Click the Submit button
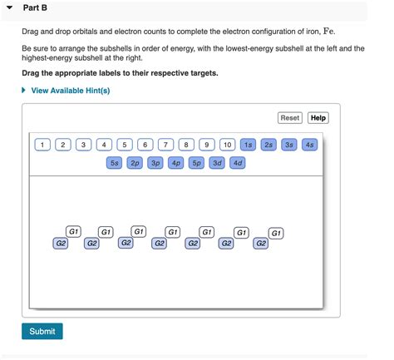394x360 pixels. pyautogui.click(x=42, y=331)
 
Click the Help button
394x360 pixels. pyautogui.click(x=318, y=118)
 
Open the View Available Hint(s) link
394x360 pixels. pyautogui.click(x=70, y=90)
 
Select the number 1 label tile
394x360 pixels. pyautogui.click(x=42, y=145)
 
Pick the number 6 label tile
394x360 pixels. pyautogui.click(x=145, y=145)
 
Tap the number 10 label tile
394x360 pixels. pyautogui.click(x=227, y=145)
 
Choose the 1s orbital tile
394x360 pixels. pyautogui.click(x=248, y=145)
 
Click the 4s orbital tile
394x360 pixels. pyautogui.click(x=309, y=145)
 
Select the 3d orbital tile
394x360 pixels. pyautogui.click(x=217, y=163)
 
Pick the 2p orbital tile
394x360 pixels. pyautogui.click(x=135, y=163)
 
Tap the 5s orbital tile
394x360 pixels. pyautogui.click(x=115, y=163)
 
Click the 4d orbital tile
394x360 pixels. pyautogui.click(x=238, y=163)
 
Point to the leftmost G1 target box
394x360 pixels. pyautogui.click(x=74, y=231)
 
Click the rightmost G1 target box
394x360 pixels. pyautogui.click(x=277, y=233)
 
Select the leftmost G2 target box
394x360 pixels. pyautogui.click(x=60, y=243)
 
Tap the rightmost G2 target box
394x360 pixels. pyautogui.click(x=261, y=243)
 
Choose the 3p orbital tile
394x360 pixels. pyautogui.click(x=155, y=163)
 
